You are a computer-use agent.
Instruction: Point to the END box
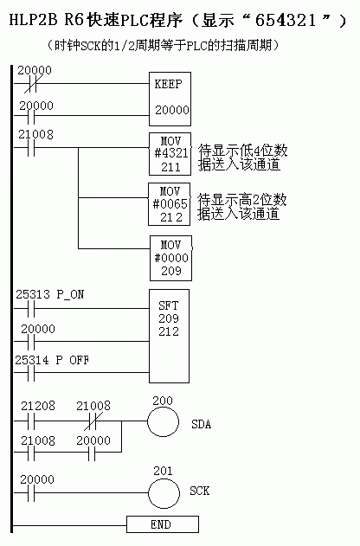pyautogui.click(x=163, y=524)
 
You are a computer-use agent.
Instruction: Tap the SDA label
pyautogui.click(x=202, y=424)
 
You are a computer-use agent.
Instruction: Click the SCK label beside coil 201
pyautogui.click(x=200, y=491)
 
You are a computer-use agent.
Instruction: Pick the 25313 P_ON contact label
pyautogui.click(x=50, y=294)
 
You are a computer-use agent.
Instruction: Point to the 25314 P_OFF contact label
pyautogui.click(x=52, y=360)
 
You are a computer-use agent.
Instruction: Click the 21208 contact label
pyautogui.click(x=38, y=406)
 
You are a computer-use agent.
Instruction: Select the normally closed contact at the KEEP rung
pyautogui.click(x=31, y=84)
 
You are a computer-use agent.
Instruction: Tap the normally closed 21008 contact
pyautogui.click(x=92, y=421)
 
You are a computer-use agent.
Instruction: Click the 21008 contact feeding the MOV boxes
pyautogui.click(x=31, y=148)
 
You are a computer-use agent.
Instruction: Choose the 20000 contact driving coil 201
pyautogui.click(x=31, y=492)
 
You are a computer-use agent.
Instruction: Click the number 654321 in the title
pyautogui.click(x=286, y=20)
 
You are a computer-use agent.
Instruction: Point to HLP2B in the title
pyautogui.click(x=33, y=20)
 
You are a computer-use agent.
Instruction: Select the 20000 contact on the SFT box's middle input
pyautogui.click(x=31, y=341)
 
